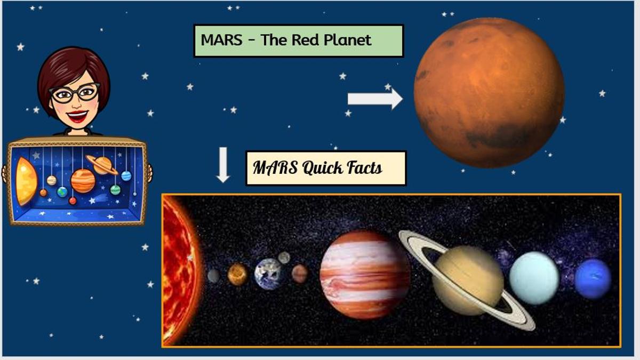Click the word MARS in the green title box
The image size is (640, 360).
(x=221, y=39)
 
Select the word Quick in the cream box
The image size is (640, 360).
(x=322, y=168)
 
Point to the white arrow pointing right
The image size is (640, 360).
(x=375, y=99)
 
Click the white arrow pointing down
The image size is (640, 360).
(x=223, y=165)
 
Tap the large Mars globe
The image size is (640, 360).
(x=489, y=93)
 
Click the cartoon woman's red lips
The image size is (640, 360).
(x=77, y=116)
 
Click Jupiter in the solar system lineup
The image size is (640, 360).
(x=365, y=275)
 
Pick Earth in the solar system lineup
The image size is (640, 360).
(x=268, y=274)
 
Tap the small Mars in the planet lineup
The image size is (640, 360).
(x=299, y=274)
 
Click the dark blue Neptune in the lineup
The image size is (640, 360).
(x=593, y=278)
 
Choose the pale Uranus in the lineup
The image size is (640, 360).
(x=534, y=278)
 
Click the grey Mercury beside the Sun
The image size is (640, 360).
(x=213, y=276)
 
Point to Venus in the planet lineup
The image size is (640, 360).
(x=237, y=274)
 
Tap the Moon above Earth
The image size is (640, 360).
(x=284, y=258)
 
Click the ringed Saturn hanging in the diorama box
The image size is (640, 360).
(x=102, y=165)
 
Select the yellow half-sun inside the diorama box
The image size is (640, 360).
(x=26, y=181)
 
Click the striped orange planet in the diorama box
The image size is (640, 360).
(x=83, y=181)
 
